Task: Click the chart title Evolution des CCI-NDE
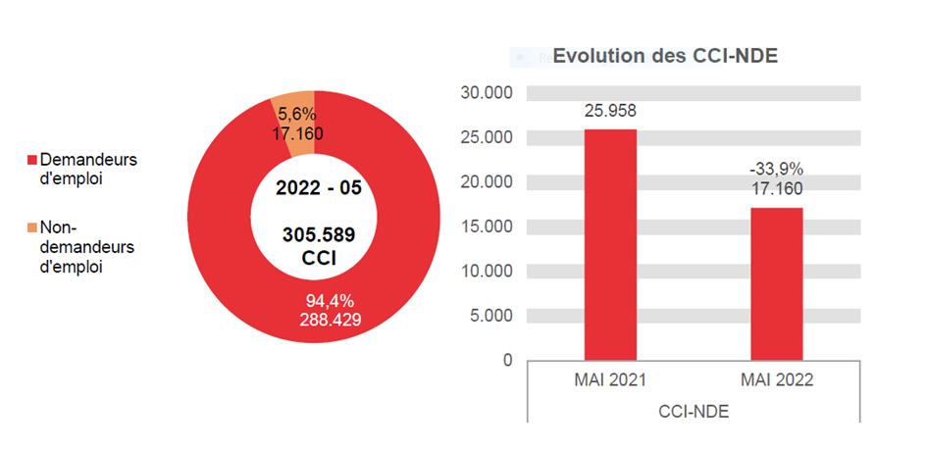[x=665, y=56]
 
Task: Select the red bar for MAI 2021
[x=610, y=245]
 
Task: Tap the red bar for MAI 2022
[x=777, y=284]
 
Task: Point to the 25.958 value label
[x=610, y=111]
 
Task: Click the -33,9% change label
[x=777, y=170]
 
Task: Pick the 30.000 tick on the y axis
[x=487, y=93]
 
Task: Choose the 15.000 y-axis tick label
[x=487, y=226]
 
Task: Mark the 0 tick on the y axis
[x=507, y=360]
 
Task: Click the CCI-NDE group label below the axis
[x=694, y=412]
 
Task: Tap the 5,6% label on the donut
[x=297, y=114]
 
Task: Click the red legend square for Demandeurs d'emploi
[x=31, y=160]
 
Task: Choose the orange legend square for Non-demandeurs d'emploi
[x=31, y=228]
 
